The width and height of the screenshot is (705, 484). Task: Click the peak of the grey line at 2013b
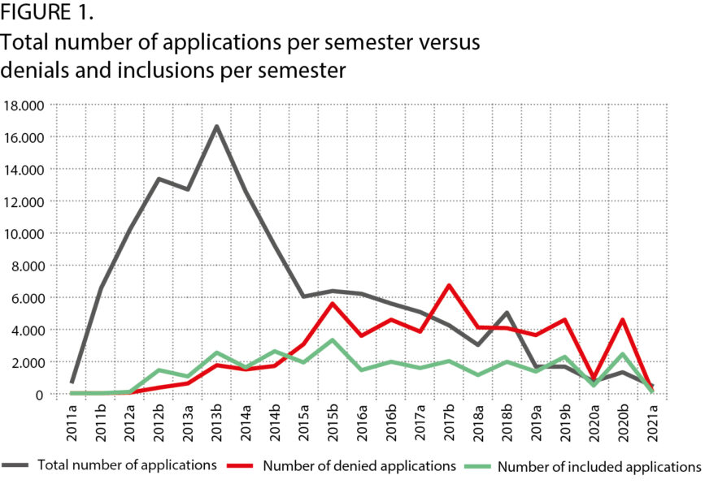[x=217, y=127]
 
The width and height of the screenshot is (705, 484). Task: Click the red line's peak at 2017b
[x=448, y=286]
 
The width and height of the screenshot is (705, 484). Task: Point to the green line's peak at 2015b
[x=333, y=340]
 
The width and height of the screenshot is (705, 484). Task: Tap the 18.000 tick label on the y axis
[x=24, y=106]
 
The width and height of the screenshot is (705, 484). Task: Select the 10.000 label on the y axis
[x=24, y=234]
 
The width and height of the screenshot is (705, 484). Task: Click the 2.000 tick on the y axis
[x=27, y=362]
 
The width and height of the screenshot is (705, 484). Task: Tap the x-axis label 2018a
[x=478, y=425]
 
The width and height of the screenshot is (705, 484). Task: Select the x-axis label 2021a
[x=651, y=425]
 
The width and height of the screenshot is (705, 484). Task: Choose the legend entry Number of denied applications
[x=359, y=466]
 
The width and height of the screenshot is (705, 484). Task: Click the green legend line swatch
[x=477, y=466]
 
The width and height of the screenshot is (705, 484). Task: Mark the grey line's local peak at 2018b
[x=506, y=313]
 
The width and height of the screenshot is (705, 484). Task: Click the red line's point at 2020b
[x=622, y=320]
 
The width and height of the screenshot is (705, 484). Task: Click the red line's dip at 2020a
[x=593, y=378]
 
